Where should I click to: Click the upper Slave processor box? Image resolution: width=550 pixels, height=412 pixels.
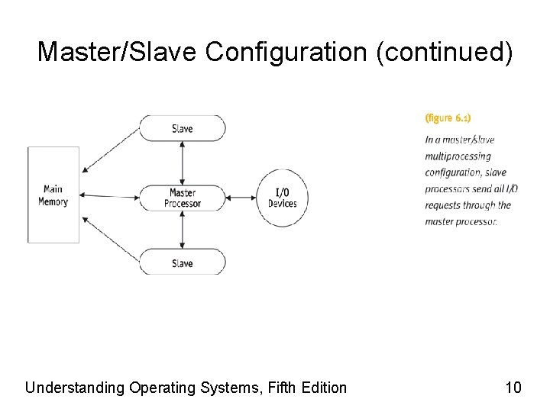[182, 128]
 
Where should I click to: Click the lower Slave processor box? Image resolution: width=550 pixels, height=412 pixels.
[182, 262]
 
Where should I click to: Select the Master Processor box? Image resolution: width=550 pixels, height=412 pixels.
[183, 198]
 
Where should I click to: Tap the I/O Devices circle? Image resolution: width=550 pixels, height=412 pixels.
[282, 198]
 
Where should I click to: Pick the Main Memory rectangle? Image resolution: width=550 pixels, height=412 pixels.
[53, 195]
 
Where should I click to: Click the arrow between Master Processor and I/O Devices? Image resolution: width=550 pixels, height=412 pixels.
[240, 198]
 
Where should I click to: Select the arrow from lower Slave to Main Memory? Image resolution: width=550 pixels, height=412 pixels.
[111, 240]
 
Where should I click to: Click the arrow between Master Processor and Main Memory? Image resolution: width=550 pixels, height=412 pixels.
[109, 196]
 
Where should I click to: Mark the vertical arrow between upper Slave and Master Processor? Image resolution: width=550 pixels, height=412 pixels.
[182, 162]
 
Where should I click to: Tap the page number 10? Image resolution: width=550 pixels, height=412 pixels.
[513, 388]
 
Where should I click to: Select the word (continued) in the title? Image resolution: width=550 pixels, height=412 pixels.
[445, 52]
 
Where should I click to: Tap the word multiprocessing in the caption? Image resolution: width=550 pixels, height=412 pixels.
[458, 156]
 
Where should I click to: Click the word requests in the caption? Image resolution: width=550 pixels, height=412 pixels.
[443, 205]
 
